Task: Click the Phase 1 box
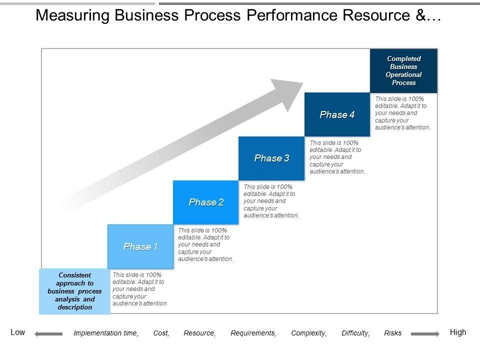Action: pos(140,246)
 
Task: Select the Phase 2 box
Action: pos(205,202)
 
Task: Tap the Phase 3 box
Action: pos(271,158)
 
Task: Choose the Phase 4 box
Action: pos(337,114)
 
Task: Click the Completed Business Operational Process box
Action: pos(404,70)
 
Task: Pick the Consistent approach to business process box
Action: pos(74,291)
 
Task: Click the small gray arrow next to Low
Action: pos(48,334)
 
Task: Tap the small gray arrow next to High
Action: pos(425,334)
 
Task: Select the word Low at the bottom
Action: pos(18,332)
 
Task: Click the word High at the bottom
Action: pos(458,332)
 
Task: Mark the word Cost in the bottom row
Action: pos(161,333)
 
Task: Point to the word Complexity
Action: pos(308,333)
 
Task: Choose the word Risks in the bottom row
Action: pos(393,333)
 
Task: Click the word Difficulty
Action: pos(355,333)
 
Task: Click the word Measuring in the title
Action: pos(72,15)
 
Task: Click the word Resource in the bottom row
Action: pos(199,333)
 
